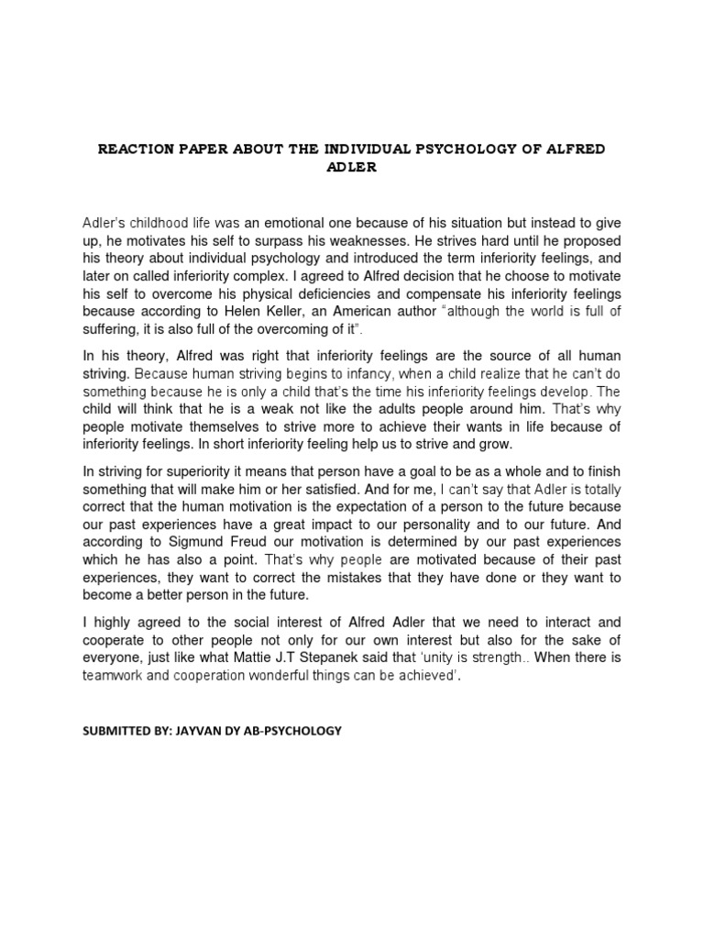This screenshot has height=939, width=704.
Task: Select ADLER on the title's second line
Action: point(352,169)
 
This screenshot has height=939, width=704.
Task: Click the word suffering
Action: point(111,329)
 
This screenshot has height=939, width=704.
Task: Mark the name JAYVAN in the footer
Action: point(188,730)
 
